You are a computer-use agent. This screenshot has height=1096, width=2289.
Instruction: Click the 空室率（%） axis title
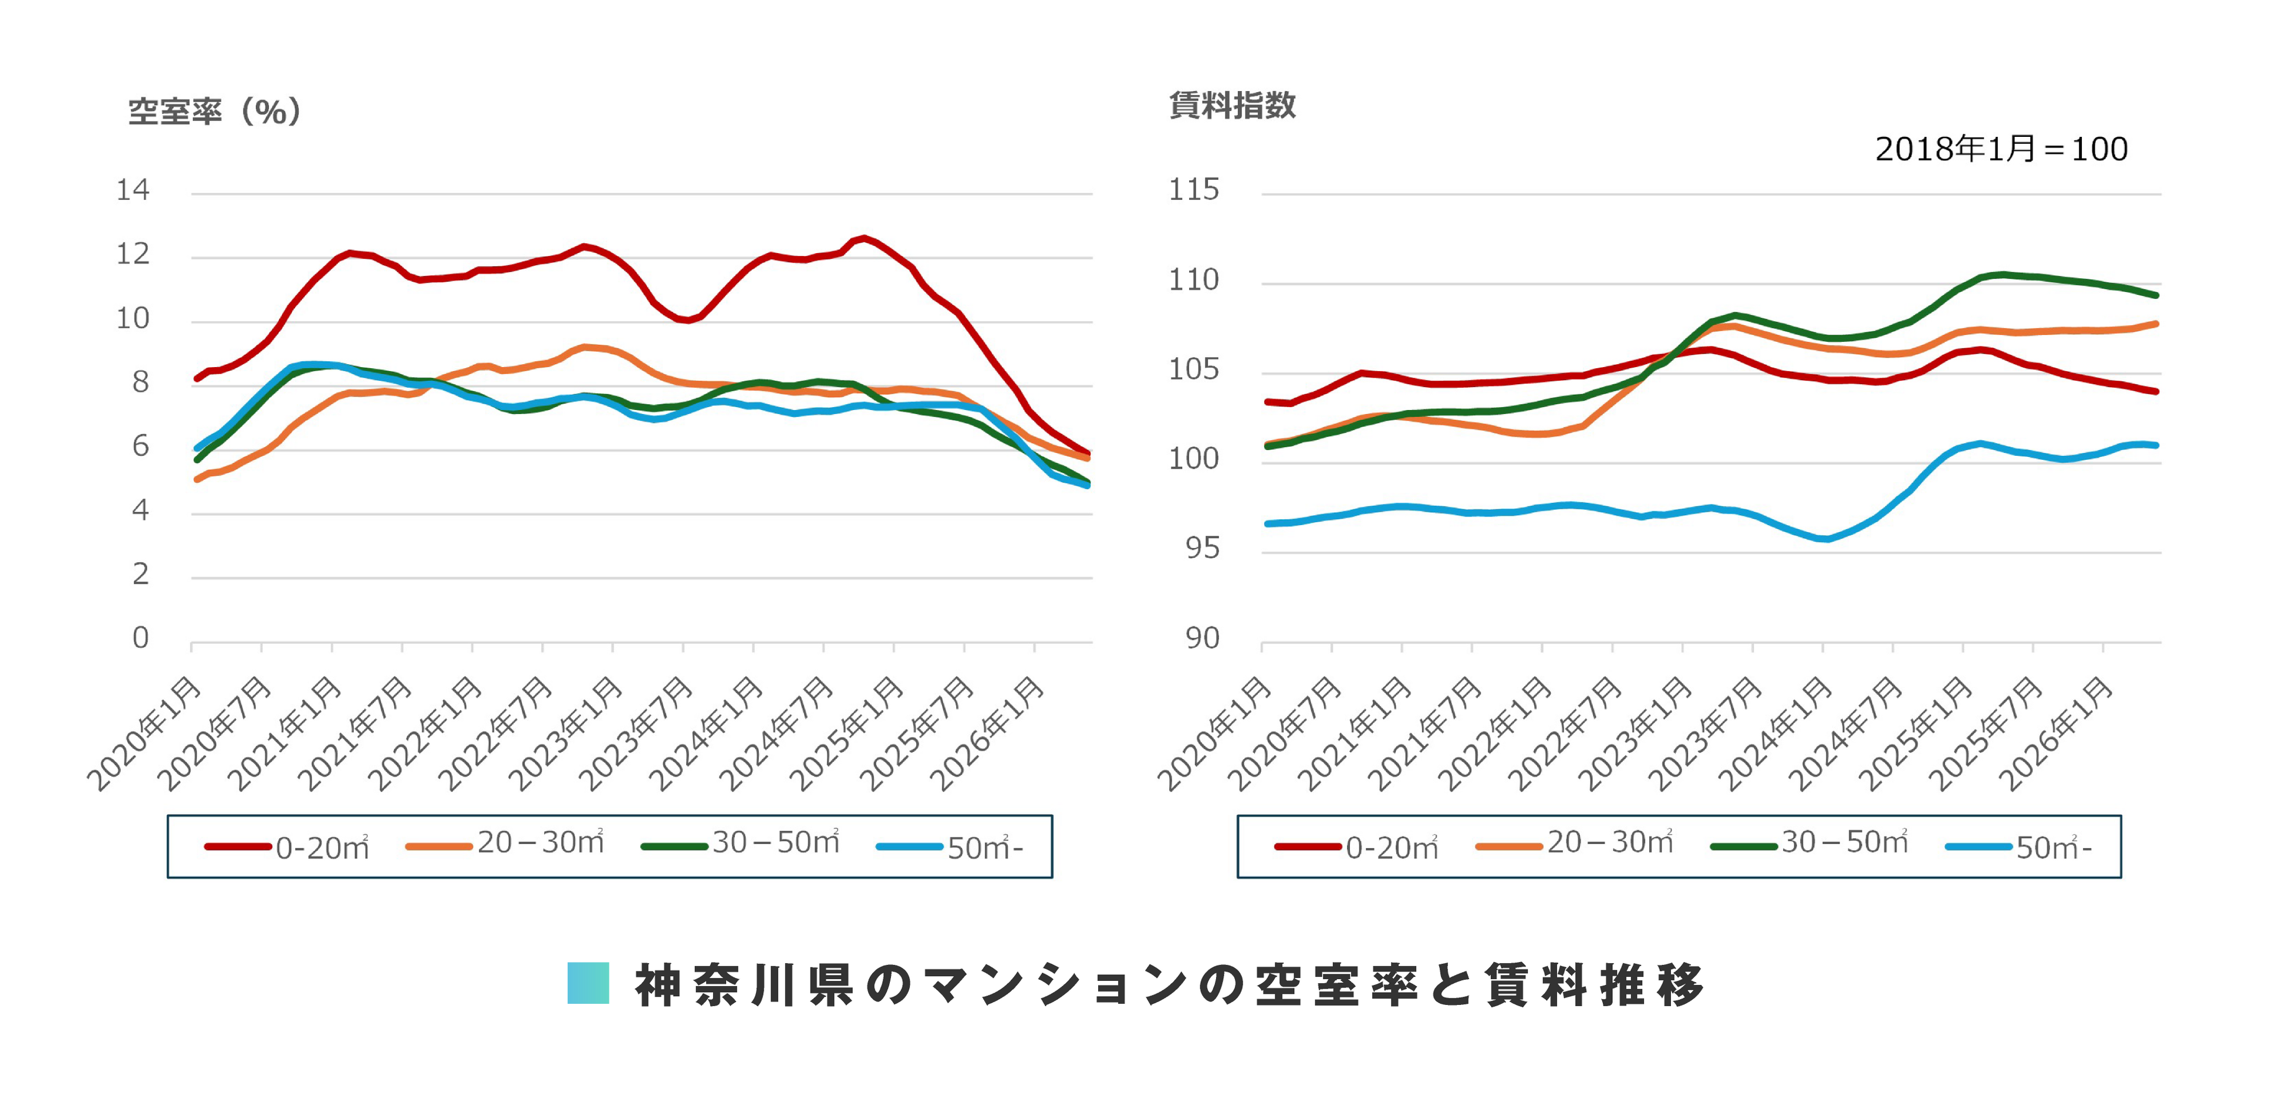pos(215,111)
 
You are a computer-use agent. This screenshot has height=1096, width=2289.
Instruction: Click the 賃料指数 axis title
pos(1233,105)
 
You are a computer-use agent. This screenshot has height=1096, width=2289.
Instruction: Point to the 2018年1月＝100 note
pos(2001,149)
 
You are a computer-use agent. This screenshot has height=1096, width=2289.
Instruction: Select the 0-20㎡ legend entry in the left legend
pos(287,847)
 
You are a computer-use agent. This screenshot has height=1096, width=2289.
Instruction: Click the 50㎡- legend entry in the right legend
pos(2019,847)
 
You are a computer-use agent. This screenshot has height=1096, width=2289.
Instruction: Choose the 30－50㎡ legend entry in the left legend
pos(740,843)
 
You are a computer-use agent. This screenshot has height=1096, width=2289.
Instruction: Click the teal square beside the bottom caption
pos(588,983)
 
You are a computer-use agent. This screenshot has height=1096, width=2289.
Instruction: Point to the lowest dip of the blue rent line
pos(1825,539)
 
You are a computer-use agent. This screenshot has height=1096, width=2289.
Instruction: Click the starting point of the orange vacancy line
pos(197,479)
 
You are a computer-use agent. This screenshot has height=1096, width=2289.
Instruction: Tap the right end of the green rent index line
pos(2156,295)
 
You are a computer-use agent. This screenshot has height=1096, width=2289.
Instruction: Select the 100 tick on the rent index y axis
pos(1193,459)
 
